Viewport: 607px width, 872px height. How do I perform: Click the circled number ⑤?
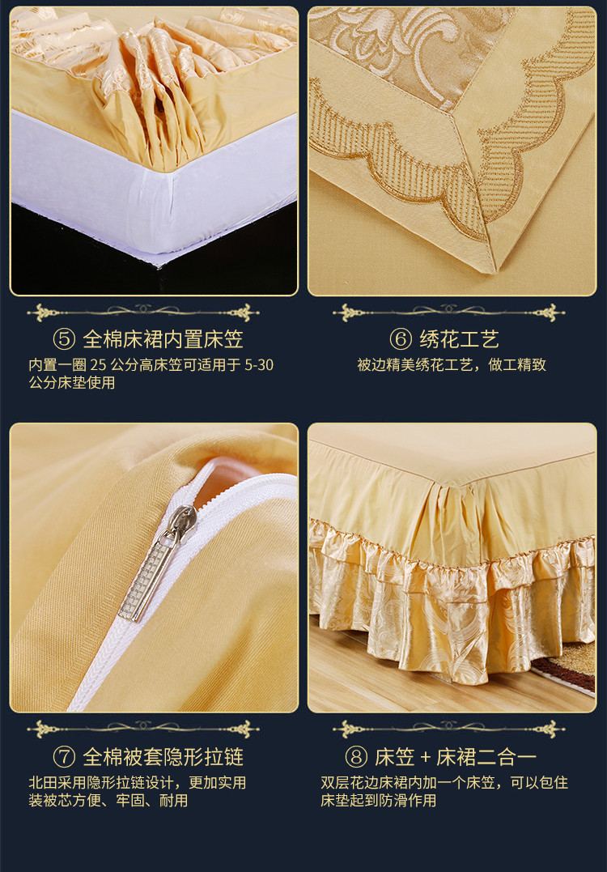[64, 339]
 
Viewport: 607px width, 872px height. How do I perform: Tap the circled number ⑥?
[401, 339]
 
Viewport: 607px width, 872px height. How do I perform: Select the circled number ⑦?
[64, 757]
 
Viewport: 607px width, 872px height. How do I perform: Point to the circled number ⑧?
[356, 757]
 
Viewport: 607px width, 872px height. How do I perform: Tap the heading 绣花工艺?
[459, 339]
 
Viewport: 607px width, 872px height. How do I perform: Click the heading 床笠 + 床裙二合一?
[455, 757]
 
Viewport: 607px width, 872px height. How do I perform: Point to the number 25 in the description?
[97, 365]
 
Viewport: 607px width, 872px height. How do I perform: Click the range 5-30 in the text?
[259, 365]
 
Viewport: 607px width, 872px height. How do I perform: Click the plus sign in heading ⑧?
[426, 758]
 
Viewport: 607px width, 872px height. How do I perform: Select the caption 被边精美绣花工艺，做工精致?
[452, 365]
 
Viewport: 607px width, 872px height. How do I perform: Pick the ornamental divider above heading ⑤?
[143, 312]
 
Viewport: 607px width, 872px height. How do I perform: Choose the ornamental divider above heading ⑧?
[448, 729]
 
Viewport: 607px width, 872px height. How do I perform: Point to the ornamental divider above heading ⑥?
[448, 312]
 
